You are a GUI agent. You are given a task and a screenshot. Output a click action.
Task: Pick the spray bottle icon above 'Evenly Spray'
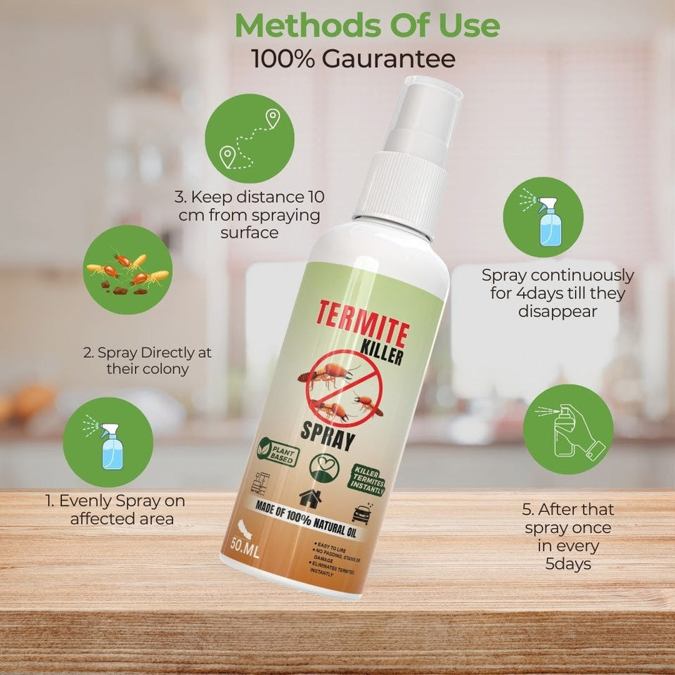108,442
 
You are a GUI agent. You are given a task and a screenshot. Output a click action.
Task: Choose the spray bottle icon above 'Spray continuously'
542,217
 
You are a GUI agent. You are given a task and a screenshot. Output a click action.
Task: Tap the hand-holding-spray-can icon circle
567,429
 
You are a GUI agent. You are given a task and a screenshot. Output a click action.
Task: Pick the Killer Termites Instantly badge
366,475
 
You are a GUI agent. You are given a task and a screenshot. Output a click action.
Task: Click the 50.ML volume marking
240,544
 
